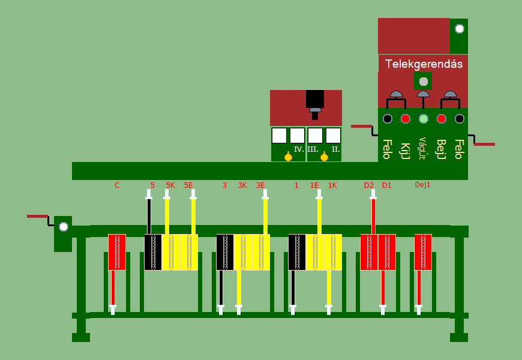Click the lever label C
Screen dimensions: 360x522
tap(117, 185)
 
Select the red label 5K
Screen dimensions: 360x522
tap(170, 185)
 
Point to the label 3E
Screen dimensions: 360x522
tap(260, 185)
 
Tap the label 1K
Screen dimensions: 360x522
tap(332, 185)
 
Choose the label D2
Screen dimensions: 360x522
tap(368, 185)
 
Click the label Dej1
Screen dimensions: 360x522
tap(423, 185)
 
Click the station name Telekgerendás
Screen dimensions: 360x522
tap(423, 64)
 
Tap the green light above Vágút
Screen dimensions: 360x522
tap(424, 119)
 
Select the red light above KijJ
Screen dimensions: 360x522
tap(406, 119)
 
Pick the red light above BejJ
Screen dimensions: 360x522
tap(442, 119)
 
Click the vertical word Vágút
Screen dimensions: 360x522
tap(422, 148)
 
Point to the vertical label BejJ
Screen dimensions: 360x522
tap(441, 149)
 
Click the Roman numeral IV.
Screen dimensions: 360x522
tap(299, 149)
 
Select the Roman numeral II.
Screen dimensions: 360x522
tap(336, 149)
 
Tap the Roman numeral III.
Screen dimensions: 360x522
tap(313, 149)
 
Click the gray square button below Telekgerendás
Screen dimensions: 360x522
tap(423, 81)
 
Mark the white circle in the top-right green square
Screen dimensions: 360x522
tap(459, 28)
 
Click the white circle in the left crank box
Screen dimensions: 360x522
tap(63, 226)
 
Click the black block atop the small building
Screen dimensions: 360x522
tap(314, 98)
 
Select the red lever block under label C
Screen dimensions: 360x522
tap(117, 252)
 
